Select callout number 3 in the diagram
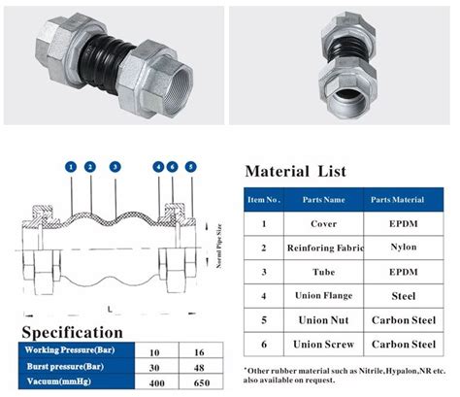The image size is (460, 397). pos(115,167)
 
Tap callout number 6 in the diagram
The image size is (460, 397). pos(173,167)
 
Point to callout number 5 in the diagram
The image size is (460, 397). pos(190,167)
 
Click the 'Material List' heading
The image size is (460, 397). pos(295,172)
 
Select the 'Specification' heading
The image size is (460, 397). pos(73,333)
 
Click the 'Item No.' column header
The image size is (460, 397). pos(264,199)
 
